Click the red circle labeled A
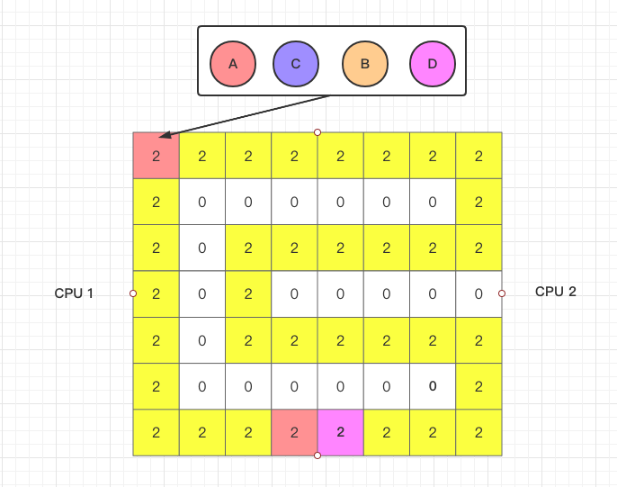[x=233, y=64]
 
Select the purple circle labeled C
[x=296, y=64]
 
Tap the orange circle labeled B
[x=365, y=64]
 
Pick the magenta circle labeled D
[x=433, y=64]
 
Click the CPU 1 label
[x=74, y=293]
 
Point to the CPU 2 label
[x=556, y=292]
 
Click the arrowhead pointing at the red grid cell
[x=165, y=135]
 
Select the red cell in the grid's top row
[x=156, y=156]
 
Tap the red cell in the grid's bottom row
[x=294, y=433]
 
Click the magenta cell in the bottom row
[x=340, y=433]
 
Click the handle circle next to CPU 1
[x=133, y=293]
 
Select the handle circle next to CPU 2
[x=502, y=293]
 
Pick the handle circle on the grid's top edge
[x=317, y=132]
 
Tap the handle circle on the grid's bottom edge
[x=317, y=455]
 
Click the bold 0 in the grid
[x=433, y=386]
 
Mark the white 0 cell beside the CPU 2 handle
[x=478, y=294]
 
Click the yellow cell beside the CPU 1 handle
[x=156, y=294]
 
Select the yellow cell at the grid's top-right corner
[x=478, y=156]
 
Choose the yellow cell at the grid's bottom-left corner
[x=156, y=433]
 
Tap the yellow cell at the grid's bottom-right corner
[x=478, y=433]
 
